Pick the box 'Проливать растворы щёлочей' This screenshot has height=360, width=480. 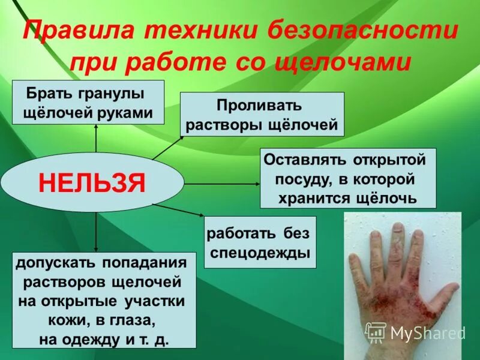pos(262,114)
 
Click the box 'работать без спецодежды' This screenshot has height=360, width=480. pos(260,242)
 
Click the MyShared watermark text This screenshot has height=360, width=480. pos(427,332)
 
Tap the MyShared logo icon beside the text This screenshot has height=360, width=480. pos(376,332)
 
